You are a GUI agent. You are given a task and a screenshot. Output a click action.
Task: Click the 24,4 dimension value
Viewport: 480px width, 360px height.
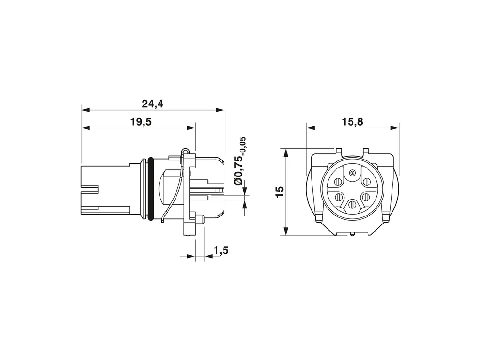152,104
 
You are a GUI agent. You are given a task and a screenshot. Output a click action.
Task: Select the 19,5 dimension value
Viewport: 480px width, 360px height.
141,122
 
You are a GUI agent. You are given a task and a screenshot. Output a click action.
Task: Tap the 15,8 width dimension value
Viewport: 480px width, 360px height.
352,122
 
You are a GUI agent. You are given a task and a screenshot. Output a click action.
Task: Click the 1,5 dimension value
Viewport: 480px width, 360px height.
221,250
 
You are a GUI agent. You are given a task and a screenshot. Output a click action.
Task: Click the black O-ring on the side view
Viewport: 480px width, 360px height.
150,189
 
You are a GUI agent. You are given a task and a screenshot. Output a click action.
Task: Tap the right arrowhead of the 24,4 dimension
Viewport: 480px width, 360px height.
219,110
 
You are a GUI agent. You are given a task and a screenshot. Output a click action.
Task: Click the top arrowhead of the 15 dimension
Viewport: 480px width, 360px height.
285,153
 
